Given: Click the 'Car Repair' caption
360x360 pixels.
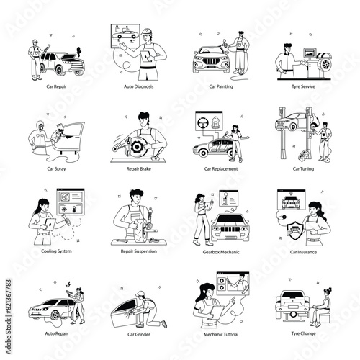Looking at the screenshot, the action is [56, 86].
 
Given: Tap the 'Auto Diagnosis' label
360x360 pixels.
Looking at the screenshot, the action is [139, 86].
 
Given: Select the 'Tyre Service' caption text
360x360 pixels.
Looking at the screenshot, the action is [303, 86].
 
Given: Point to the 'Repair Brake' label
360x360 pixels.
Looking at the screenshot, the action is [139, 168].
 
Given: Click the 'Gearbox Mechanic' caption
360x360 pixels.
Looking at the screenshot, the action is [221, 252].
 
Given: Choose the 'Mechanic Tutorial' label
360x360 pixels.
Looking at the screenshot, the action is [221, 334].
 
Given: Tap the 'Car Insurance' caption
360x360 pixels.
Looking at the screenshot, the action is [303, 252].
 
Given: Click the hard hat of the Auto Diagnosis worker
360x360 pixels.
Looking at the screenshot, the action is [147, 32].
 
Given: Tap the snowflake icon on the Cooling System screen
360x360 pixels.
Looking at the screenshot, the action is [64, 210].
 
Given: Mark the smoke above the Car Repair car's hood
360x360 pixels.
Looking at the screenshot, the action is [78, 52].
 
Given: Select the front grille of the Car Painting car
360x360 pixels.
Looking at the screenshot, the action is [212, 61].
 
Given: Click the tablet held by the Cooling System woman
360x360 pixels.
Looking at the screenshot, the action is [50, 225].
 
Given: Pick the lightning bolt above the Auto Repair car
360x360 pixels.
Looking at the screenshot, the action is [68, 284].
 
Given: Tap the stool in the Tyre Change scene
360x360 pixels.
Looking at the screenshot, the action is [325, 318].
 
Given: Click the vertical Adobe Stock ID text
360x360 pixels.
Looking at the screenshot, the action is [9, 317].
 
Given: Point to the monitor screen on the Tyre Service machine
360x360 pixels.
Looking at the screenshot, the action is [310, 53].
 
